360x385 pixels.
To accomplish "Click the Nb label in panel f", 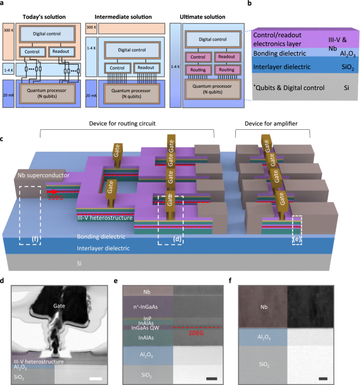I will click(x=263, y=307).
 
